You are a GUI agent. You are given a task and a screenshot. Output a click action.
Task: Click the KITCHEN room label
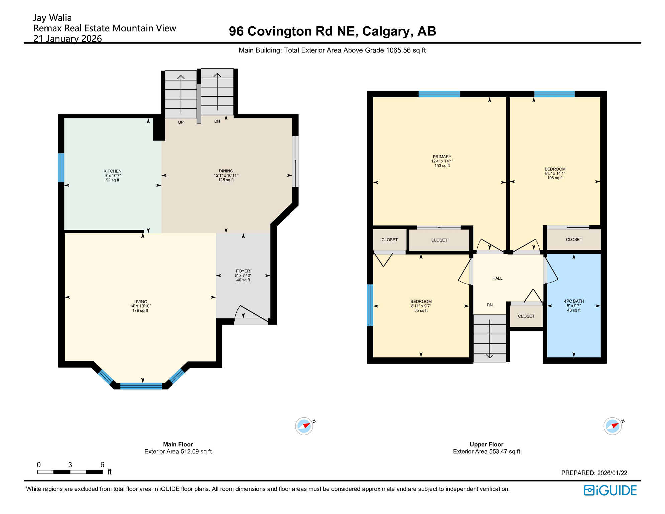tap(112, 171)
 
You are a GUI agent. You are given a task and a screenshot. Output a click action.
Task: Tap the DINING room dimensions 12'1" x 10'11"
tap(226, 175)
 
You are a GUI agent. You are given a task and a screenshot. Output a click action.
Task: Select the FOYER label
tap(243, 271)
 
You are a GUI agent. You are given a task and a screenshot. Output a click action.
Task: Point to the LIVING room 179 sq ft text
tap(140, 310)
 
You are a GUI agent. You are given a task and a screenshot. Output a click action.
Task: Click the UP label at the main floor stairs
tap(181, 122)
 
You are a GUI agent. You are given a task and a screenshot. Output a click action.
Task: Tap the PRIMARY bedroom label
tap(442, 157)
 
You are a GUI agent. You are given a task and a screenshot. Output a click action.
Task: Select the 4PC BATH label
tap(574, 301)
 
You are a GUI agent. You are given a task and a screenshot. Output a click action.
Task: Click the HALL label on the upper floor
tap(497, 278)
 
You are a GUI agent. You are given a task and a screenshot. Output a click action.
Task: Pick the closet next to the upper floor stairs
tap(526, 316)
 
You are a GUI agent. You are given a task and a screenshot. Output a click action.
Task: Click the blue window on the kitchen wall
tap(61, 167)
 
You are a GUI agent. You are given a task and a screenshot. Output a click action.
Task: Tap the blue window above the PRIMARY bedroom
tap(439, 94)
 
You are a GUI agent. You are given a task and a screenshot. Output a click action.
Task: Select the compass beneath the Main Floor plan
tap(304, 426)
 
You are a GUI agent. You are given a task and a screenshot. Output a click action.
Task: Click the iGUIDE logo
tap(610, 490)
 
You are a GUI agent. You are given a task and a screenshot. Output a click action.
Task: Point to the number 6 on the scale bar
tap(102, 464)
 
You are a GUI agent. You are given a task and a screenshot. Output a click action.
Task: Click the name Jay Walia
tap(53, 18)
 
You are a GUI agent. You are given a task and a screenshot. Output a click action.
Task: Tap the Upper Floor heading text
tap(486, 444)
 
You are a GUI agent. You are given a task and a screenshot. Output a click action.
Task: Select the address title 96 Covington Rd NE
tap(332, 31)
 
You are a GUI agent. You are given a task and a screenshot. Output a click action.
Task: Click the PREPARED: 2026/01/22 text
tap(594, 473)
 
